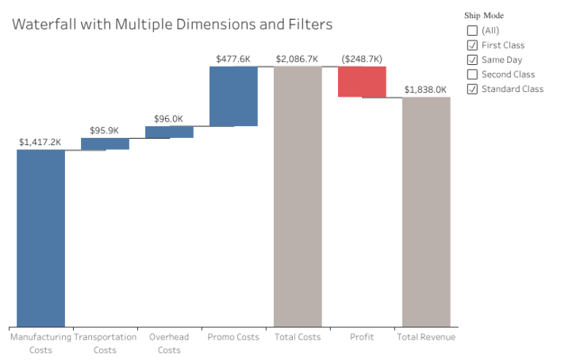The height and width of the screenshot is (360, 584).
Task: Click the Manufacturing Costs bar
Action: (x=40, y=237)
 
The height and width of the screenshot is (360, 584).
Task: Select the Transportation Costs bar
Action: (x=105, y=144)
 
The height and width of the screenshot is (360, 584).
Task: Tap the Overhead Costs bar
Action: (x=169, y=132)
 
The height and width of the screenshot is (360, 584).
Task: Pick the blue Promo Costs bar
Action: (x=233, y=96)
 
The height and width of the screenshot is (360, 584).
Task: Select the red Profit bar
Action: (x=362, y=82)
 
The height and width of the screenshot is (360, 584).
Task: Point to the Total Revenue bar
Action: (x=426, y=211)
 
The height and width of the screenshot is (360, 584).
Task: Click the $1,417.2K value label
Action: (x=40, y=142)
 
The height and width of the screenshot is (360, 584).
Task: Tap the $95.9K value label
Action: (x=105, y=130)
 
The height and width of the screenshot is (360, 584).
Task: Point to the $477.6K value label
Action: (x=233, y=59)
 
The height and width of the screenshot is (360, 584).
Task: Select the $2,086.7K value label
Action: (x=298, y=59)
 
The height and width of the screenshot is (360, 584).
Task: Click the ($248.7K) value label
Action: (x=362, y=59)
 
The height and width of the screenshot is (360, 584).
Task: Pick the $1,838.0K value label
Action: (x=426, y=90)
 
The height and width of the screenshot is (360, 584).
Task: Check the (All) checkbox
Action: (x=473, y=31)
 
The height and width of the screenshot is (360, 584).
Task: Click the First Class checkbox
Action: (x=473, y=45)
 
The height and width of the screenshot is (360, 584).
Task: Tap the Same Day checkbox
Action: (x=473, y=59)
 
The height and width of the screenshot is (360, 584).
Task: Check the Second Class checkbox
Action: (x=473, y=74)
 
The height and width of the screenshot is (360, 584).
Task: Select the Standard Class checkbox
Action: (x=473, y=88)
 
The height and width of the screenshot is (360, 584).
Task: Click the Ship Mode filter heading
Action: (x=484, y=15)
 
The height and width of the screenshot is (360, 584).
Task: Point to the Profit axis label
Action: (x=362, y=337)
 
